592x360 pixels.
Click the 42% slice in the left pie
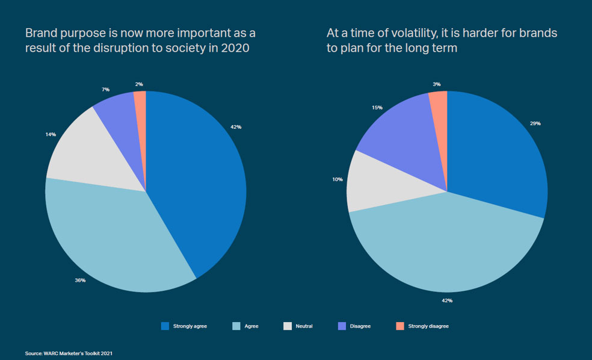pyautogui.click(x=199, y=181)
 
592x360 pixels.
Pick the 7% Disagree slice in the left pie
pyautogui.click(x=120, y=120)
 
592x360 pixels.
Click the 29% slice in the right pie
pyautogui.click(x=499, y=157)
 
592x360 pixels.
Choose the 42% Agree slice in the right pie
pyautogui.click(x=445, y=247)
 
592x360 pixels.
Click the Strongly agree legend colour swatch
pyautogui.click(x=165, y=326)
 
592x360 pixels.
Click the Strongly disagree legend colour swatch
pyautogui.click(x=400, y=326)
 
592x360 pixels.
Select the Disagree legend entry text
pyautogui.click(x=360, y=326)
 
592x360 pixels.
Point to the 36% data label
pyautogui.click(x=81, y=280)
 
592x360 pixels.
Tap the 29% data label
pyautogui.click(x=535, y=123)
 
